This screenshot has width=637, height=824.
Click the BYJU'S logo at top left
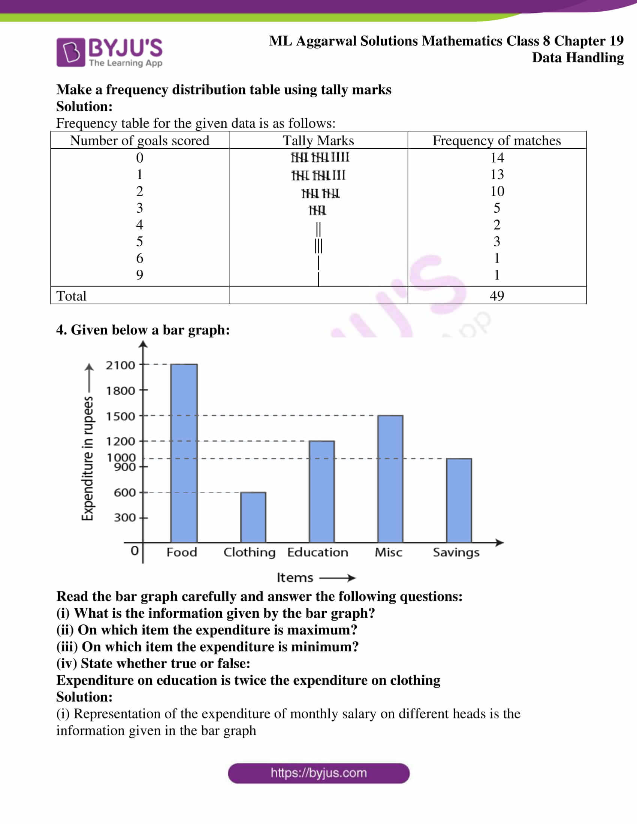point(109,52)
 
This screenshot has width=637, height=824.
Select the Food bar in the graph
point(184,453)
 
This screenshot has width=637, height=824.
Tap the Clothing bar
point(253,517)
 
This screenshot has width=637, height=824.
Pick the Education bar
point(321,491)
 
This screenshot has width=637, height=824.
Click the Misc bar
point(390,478)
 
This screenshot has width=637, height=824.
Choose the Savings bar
point(459,500)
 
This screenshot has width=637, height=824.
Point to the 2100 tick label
point(120,365)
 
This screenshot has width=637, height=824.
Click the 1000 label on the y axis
point(121,457)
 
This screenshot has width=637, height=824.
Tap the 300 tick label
point(124,517)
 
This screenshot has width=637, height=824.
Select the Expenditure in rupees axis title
point(88,458)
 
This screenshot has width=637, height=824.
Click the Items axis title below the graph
point(295,578)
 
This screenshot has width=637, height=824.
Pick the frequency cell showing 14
point(497,157)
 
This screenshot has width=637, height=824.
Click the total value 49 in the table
point(496,296)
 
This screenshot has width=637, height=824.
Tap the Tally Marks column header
point(318,140)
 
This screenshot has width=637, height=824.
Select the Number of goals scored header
point(139,140)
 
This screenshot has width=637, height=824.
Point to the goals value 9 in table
point(140,275)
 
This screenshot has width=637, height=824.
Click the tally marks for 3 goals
point(317,210)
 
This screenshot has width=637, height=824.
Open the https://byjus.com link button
point(318,773)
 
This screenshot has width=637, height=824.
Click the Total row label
point(71,296)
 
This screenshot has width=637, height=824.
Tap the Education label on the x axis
point(317,552)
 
